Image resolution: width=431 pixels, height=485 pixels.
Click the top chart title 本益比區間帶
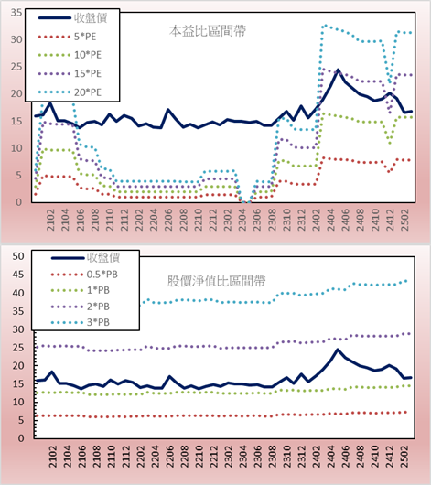pos(208,31)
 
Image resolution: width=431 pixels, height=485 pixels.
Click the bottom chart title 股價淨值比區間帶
pos(216,281)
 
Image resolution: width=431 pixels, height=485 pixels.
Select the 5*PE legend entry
pos(67,37)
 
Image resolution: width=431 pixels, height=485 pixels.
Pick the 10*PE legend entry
pos(70,55)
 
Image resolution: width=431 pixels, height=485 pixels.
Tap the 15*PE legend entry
pos(70,73)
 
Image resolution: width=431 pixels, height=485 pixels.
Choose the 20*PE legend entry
pos(70,92)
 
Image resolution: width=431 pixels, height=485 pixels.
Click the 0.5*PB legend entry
pos(84,275)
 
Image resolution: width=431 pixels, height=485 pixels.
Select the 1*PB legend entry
pos(81,290)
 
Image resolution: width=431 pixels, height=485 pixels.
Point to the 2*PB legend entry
pos(81,307)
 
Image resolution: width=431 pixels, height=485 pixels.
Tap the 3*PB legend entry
pos(81,322)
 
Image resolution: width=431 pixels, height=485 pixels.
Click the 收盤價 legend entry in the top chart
pos(72,18)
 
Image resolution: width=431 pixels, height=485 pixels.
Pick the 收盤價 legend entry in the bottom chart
pos(86,257)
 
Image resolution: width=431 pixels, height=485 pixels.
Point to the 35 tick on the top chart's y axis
pos(16,13)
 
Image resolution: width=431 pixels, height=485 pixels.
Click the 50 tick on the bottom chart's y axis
pos(18,256)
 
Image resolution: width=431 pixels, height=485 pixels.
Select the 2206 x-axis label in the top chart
pos(168,220)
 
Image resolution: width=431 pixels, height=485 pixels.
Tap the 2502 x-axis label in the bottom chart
pos(404,457)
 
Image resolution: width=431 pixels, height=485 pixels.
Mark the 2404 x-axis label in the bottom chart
pos(331,457)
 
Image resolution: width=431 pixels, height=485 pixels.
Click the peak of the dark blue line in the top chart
pos(338,70)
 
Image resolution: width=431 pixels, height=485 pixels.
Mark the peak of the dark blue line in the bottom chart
pos(338,350)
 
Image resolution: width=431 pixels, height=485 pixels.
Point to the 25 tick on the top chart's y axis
pos(16,67)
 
